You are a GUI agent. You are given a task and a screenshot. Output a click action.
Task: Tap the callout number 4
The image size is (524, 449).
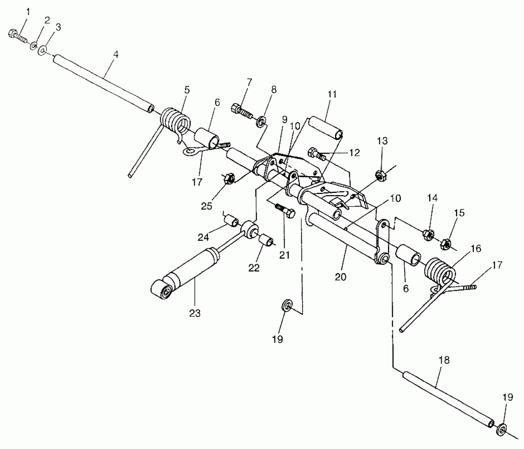(116, 55)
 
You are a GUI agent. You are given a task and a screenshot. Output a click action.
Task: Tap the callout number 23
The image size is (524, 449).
(195, 314)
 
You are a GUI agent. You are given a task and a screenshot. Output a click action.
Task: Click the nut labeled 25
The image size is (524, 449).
(229, 179)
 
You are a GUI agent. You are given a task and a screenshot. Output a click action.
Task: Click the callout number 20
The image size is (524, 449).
(340, 277)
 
